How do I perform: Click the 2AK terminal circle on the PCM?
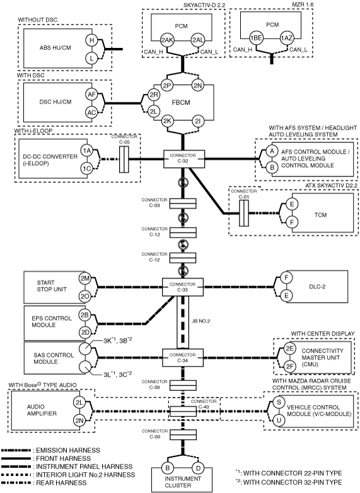[x=166, y=40]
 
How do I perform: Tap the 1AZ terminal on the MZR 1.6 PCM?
[x=286, y=38]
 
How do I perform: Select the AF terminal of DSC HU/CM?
[x=91, y=95]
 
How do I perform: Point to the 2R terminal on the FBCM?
[x=153, y=95]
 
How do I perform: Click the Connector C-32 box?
[x=184, y=159]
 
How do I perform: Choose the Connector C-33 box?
[x=183, y=287]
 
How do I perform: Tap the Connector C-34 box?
[x=183, y=358]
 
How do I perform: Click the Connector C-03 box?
[x=183, y=204]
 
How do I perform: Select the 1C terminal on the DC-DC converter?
[x=86, y=168]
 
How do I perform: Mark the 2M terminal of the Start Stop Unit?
[x=84, y=278]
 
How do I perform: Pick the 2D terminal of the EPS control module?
[x=84, y=333]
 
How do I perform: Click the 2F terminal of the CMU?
[x=289, y=366]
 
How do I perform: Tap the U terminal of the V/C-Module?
[x=279, y=420]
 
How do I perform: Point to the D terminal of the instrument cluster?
[x=198, y=468]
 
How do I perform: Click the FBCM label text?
[x=181, y=103]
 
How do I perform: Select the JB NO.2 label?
[x=201, y=322]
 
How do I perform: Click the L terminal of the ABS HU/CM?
[x=91, y=58]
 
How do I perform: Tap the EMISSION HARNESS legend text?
[x=68, y=450]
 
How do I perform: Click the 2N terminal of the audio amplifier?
[x=79, y=420]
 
